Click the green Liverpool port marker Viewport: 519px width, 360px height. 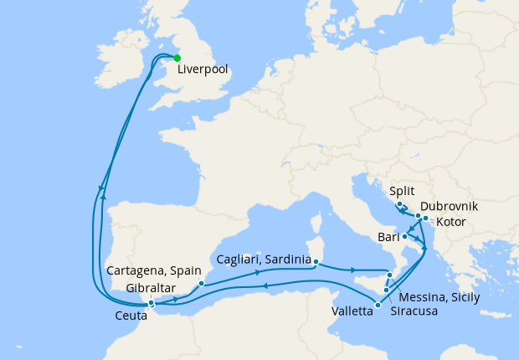(x=177, y=58)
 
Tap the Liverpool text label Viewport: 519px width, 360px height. (x=203, y=70)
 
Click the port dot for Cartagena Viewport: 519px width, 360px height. (x=201, y=283)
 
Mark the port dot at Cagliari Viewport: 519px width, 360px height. (x=316, y=261)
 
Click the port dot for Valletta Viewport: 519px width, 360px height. (x=378, y=306)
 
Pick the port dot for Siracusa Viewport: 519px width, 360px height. (x=385, y=291)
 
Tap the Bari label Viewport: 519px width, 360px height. (x=388, y=238)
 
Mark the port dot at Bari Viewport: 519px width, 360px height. (x=405, y=236)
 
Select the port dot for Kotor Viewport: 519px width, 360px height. (x=426, y=220)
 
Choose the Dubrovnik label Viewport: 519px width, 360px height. (x=450, y=205)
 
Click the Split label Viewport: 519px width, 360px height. (x=402, y=191)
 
